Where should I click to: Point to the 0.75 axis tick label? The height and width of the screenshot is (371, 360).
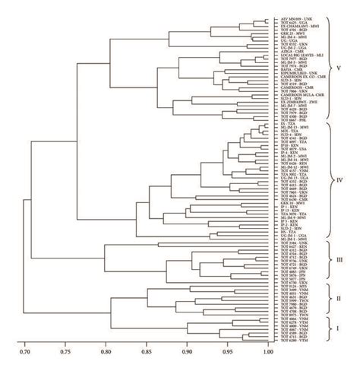click(65, 351)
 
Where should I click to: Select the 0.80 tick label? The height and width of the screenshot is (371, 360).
click(106, 351)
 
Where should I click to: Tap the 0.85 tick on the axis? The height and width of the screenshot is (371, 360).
click(147, 351)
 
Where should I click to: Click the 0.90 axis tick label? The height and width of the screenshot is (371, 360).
click(187, 351)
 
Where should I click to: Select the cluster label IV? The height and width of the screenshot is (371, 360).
click(339, 180)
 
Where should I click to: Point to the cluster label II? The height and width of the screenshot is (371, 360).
click(339, 300)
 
